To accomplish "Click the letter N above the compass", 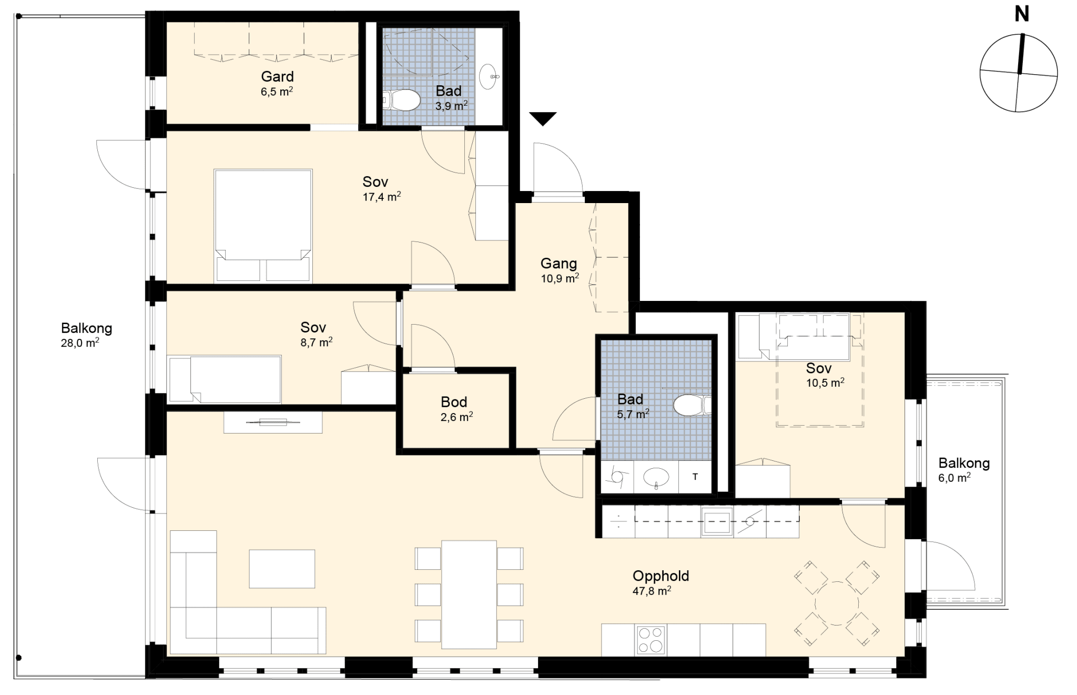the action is pyautogui.click(x=1021, y=14).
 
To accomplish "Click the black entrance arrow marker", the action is pyautogui.click(x=543, y=119).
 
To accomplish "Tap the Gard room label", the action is pyautogui.click(x=277, y=77).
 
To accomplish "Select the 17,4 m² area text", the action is pyautogui.click(x=382, y=197).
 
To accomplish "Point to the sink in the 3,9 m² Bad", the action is pyautogui.click(x=490, y=77).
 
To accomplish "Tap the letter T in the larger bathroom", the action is pyautogui.click(x=695, y=477).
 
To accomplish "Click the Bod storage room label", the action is pyautogui.click(x=454, y=402).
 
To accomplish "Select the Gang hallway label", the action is pyautogui.click(x=558, y=264).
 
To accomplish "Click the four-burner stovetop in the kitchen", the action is pyautogui.click(x=651, y=640).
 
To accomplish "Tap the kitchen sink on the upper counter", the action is pyautogui.click(x=717, y=522).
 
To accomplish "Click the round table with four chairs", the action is pyautogui.click(x=837, y=603).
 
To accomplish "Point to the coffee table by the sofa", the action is pyautogui.click(x=282, y=569).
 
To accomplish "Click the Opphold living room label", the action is pyautogui.click(x=661, y=576).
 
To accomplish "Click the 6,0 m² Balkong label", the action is pyautogui.click(x=964, y=464).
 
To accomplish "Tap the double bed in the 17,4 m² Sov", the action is pyautogui.click(x=263, y=226).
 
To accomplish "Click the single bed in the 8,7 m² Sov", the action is pyautogui.click(x=225, y=379).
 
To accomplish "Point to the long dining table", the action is pyautogui.click(x=469, y=595).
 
